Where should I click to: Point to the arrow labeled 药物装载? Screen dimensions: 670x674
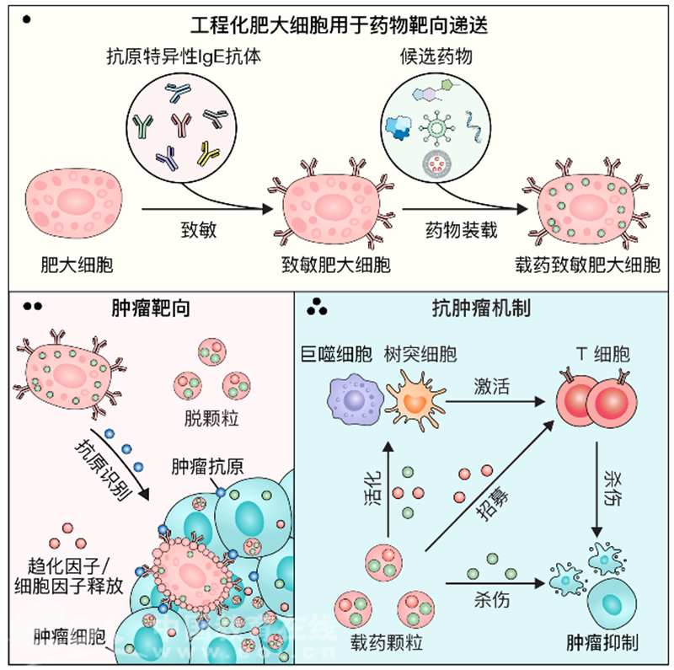point(458,206)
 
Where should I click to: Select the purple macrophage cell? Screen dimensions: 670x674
point(355,397)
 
